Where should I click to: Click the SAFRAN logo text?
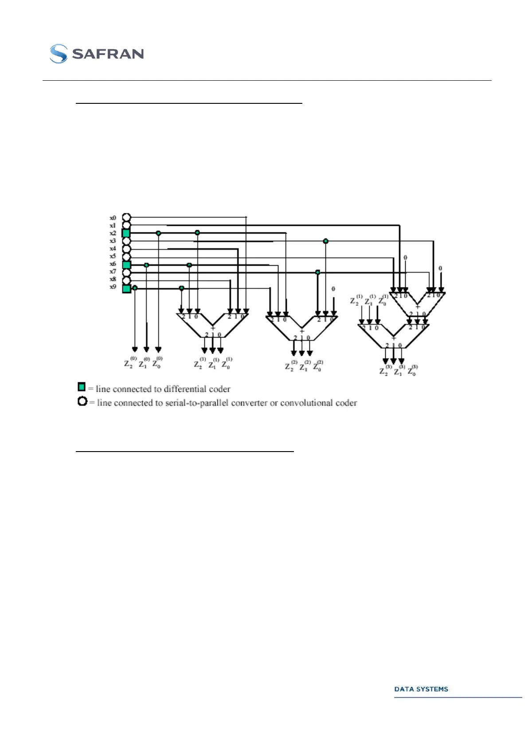[x=108, y=54]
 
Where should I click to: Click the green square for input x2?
[x=126, y=233]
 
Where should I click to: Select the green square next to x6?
[x=126, y=265]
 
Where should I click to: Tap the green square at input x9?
[x=126, y=288]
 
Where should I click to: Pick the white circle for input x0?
[x=126, y=217]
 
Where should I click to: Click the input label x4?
[x=113, y=248]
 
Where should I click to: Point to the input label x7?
[x=113, y=271]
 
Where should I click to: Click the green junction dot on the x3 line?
[x=326, y=241]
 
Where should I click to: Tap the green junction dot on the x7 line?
[x=317, y=272]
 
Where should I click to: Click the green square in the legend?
[x=82, y=387]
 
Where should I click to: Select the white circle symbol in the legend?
[x=82, y=401]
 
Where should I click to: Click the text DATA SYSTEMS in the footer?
[x=421, y=689]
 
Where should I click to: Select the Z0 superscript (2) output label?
[x=318, y=366]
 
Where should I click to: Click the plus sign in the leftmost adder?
[x=213, y=328]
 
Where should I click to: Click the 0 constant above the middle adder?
[x=333, y=289]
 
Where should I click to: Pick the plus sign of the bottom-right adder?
[x=394, y=338]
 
